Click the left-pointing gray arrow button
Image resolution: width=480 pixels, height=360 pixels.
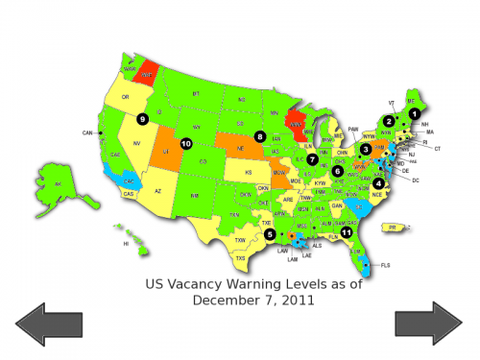pos(46,323)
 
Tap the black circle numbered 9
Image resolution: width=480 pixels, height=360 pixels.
pos(142,119)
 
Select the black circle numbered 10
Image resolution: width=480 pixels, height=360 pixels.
pos(185,144)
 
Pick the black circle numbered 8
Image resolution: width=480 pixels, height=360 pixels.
pos(260,137)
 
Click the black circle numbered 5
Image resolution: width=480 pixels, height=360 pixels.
pos(270,233)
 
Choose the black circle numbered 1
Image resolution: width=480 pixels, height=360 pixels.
pos(415,112)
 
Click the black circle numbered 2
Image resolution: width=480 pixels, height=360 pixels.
pos(388,121)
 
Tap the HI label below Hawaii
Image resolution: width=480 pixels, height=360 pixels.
pos(126,244)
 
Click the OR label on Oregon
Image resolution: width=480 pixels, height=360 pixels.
pos(126,97)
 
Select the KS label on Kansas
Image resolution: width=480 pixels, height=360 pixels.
pos(248,173)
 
